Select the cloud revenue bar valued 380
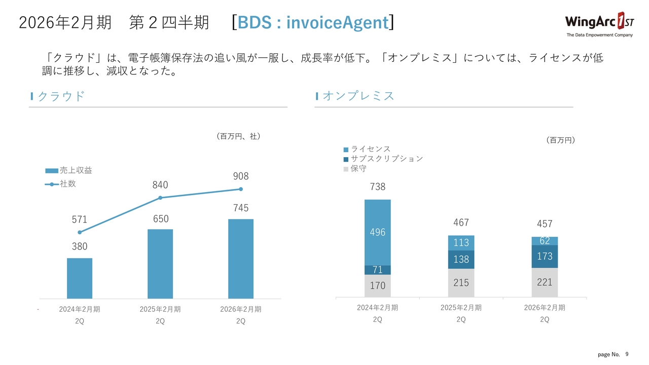[x=80, y=278]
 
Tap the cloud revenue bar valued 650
[x=160, y=264]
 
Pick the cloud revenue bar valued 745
[x=241, y=259]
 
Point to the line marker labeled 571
[x=80, y=232]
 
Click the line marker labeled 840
[x=160, y=198]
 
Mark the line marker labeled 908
[x=241, y=189]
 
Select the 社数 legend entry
[x=60, y=184]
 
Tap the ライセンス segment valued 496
[x=378, y=232]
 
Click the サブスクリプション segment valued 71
[x=378, y=270]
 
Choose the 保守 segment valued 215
[x=461, y=283]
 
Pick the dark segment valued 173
[x=545, y=257]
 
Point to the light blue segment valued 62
[x=545, y=241]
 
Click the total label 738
[x=378, y=187]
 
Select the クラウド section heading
[x=61, y=96]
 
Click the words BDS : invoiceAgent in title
[x=313, y=23]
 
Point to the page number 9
[x=627, y=353]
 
